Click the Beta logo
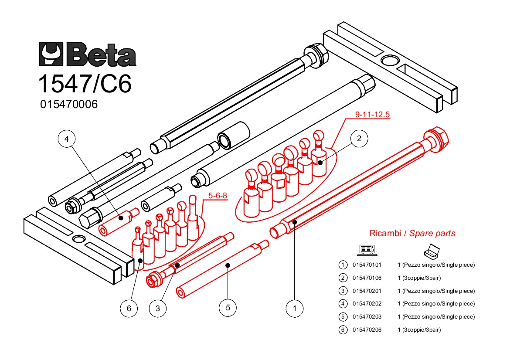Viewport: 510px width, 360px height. pos(88,54)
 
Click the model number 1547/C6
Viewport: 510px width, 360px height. pos(85,84)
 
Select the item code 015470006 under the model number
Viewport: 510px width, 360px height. pos(69,105)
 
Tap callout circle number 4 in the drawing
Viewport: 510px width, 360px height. pos(67,139)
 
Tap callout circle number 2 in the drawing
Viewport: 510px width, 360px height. pos(359,139)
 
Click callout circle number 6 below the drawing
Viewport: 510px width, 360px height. pos(129,308)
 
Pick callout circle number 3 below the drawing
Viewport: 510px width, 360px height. pos(158,308)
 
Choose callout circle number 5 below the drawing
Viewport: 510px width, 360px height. pos(228,307)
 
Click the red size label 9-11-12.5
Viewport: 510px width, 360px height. pos(372,115)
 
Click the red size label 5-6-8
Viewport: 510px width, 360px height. pos(218,196)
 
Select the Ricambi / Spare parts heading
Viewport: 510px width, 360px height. pos(412,233)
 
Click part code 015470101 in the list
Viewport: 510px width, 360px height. pos(367,265)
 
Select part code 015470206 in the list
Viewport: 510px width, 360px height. pos(367,330)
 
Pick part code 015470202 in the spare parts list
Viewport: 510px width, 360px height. pos(367,304)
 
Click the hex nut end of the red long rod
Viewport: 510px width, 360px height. pos(437,137)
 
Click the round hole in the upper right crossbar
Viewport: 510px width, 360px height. pos(390,61)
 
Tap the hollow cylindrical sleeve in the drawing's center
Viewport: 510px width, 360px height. pos(233,136)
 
